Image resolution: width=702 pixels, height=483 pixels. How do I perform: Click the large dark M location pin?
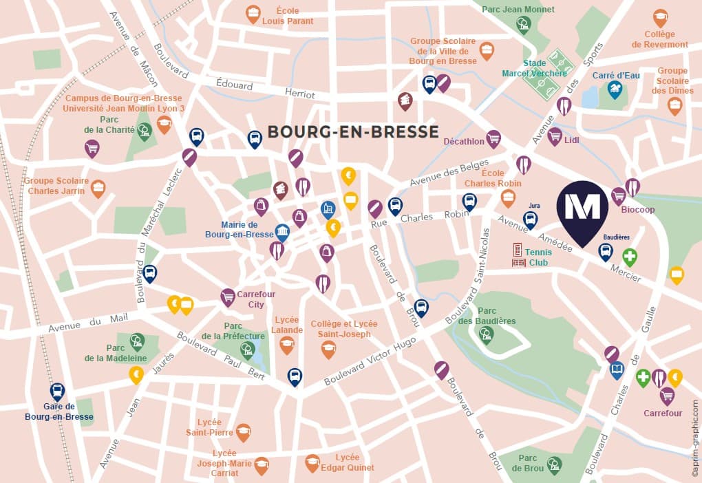click(x=582, y=210)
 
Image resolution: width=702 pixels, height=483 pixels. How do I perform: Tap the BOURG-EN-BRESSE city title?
click(x=352, y=131)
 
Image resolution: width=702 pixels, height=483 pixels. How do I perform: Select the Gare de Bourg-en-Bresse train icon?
click(x=57, y=391)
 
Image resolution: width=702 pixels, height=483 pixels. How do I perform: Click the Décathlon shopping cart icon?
click(x=493, y=138)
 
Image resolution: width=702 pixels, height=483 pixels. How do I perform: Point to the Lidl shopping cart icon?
click(x=555, y=136)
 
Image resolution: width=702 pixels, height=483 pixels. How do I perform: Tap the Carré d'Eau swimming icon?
click(x=614, y=89)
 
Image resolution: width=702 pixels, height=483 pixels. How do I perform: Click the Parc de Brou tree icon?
click(x=554, y=464)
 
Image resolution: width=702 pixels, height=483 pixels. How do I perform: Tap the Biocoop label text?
click(x=638, y=209)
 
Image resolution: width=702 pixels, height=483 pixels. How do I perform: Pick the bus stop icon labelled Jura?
click(x=530, y=219)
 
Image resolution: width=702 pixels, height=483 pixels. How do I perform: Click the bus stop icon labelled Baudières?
click(x=606, y=251)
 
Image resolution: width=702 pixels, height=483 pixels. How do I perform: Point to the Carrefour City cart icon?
click(x=228, y=297)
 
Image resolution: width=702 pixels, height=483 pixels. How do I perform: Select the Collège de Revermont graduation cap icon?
click(x=660, y=17)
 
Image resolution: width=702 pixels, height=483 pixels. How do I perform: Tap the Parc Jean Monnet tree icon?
click(x=524, y=24)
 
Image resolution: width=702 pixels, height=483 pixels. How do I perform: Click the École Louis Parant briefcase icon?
click(x=253, y=12)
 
